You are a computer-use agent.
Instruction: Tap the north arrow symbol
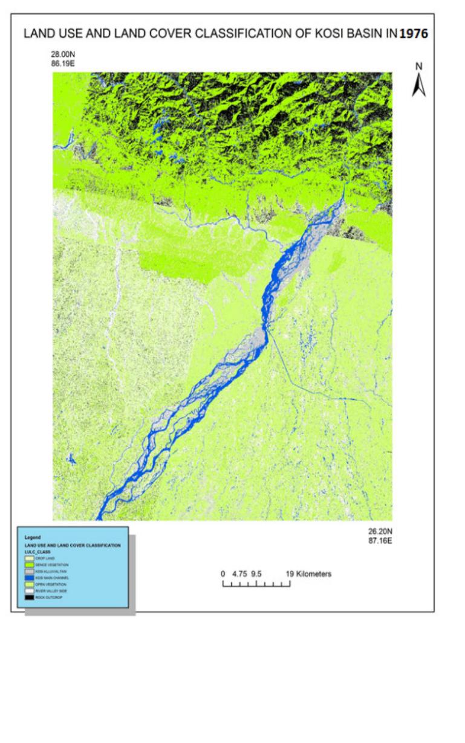click(418, 86)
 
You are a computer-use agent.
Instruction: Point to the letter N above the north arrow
click(418, 66)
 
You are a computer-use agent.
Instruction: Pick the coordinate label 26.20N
click(380, 532)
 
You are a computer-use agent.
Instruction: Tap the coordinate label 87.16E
click(380, 540)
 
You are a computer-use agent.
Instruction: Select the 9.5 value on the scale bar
click(256, 574)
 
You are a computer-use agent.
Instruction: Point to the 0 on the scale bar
click(223, 574)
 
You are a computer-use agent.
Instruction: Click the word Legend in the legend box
click(31, 537)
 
